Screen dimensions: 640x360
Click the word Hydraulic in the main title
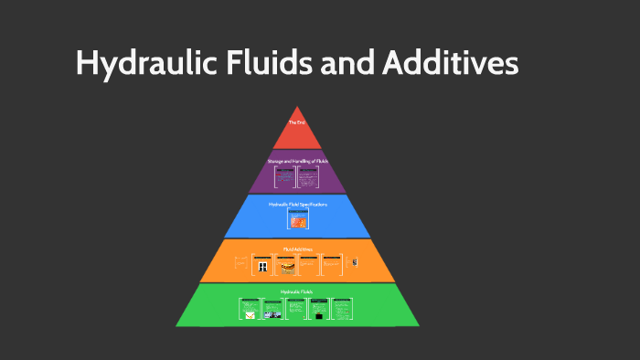pyautogui.click(x=137, y=63)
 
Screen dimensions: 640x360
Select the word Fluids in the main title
pyautogui.click(x=257, y=63)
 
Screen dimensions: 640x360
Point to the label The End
pyautogui.click(x=296, y=122)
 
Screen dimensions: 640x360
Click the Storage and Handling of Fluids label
pyautogui.click(x=297, y=161)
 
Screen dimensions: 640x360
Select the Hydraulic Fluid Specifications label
pyautogui.click(x=297, y=204)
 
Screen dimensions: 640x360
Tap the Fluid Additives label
pyautogui.click(x=297, y=248)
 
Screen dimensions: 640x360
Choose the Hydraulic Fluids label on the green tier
pyautogui.click(x=297, y=291)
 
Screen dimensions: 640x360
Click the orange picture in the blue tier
pyautogui.click(x=298, y=221)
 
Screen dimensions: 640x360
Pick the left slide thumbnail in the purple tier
pyautogui.click(x=284, y=176)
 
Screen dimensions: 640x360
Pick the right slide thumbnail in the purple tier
pyautogui.click(x=309, y=176)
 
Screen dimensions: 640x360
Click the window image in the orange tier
pyautogui.click(x=263, y=266)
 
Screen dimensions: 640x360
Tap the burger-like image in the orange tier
pyautogui.click(x=287, y=267)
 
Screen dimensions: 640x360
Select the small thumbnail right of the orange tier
pyautogui.click(x=355, y=263)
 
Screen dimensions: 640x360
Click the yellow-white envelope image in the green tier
pyautogui.click(x=248, y=314)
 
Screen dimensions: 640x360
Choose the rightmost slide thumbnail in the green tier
pyautogui.click(x=342, y=309)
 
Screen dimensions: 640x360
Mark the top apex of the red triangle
pyautogui.click(x=296, y=106)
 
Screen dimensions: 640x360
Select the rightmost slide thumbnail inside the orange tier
pyautogui.click(x=332, y=264)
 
